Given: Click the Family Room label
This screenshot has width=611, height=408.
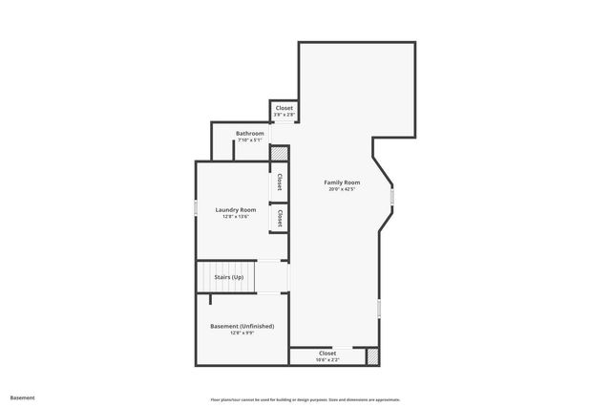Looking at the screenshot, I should [342, 182].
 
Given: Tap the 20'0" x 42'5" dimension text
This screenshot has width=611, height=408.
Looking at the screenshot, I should [342, 189].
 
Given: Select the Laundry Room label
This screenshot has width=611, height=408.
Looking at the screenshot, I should [235, 209].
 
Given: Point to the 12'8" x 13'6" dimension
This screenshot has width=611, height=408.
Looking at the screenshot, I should [235, 217].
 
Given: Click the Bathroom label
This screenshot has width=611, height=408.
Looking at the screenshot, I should [250, 133].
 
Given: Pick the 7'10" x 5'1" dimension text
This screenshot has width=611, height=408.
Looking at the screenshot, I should [250, 140].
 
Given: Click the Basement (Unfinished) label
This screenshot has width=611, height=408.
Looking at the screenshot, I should [242, 326].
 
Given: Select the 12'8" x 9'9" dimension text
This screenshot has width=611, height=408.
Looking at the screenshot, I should [242, 333].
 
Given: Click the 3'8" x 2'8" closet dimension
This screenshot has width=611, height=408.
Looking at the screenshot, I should [284, 115].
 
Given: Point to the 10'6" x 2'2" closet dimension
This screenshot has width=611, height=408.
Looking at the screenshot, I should [327, 359].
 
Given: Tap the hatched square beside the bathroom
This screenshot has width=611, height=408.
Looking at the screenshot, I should [279, 153].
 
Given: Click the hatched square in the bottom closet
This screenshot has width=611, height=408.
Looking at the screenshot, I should [372, 355].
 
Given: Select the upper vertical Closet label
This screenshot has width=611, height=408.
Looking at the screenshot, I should [280, 182].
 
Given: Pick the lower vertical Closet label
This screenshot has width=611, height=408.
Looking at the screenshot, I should [280, 218].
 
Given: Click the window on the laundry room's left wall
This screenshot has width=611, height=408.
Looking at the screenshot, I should [196, 208].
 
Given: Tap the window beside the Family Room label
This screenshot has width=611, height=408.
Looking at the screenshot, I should [391, 197].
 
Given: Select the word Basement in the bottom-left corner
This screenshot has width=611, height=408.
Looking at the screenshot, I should [22, 397].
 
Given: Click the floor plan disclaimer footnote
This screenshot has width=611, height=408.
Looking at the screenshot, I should [305, 399].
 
